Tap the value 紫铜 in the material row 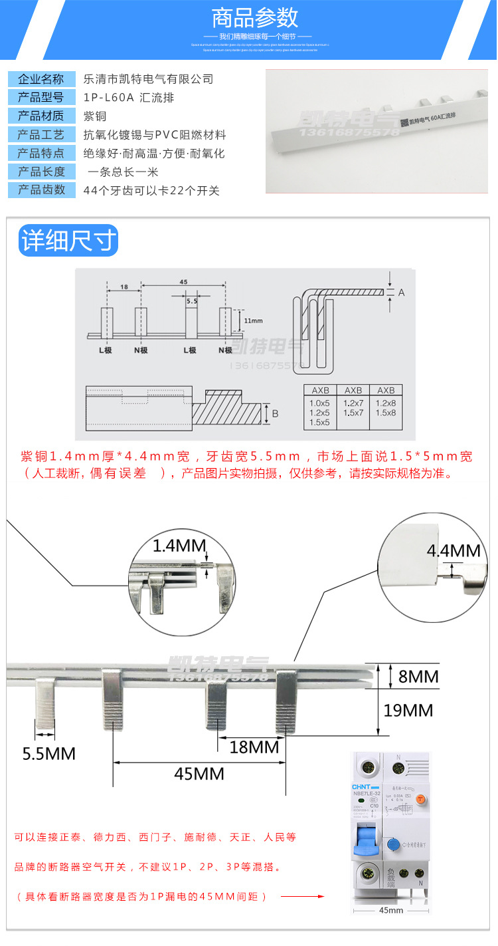tap(95, 116)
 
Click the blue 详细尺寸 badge tap(68, 241)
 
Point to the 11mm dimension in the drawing tap(253, 320)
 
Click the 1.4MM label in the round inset tap(179, 546)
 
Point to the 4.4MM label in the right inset tap(454, 550)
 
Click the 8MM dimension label tap(418, 676)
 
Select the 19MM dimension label tap(408, 710)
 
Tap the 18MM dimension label tap(254, 747)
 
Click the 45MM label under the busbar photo tap(199, 774)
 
